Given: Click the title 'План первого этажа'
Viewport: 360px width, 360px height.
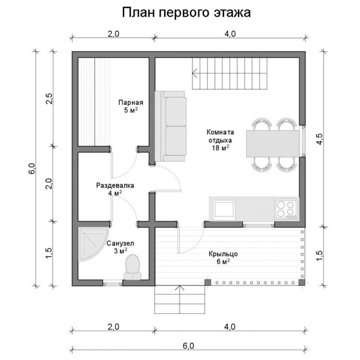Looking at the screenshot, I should click(x=186, y=12).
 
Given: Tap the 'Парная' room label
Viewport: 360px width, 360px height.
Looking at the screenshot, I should click(x=131, y=102).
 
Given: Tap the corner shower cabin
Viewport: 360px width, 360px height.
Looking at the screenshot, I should click(x=89, y=243).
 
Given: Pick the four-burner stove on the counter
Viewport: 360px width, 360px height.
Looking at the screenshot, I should click(x=286, y=208).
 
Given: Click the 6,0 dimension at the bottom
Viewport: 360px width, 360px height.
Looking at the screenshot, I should click(x=188, y=345).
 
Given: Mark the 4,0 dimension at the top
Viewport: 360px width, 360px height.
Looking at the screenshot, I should click(x=230, y=34).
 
